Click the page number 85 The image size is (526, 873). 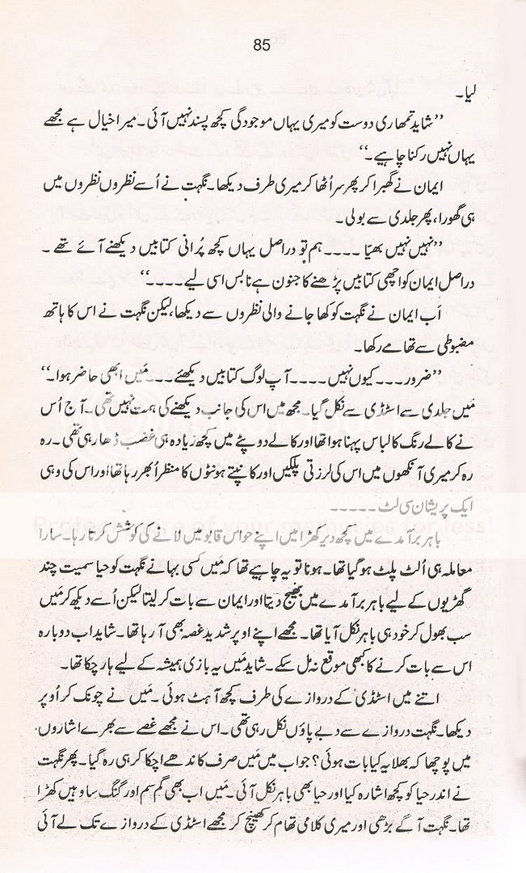coord(260,45)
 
